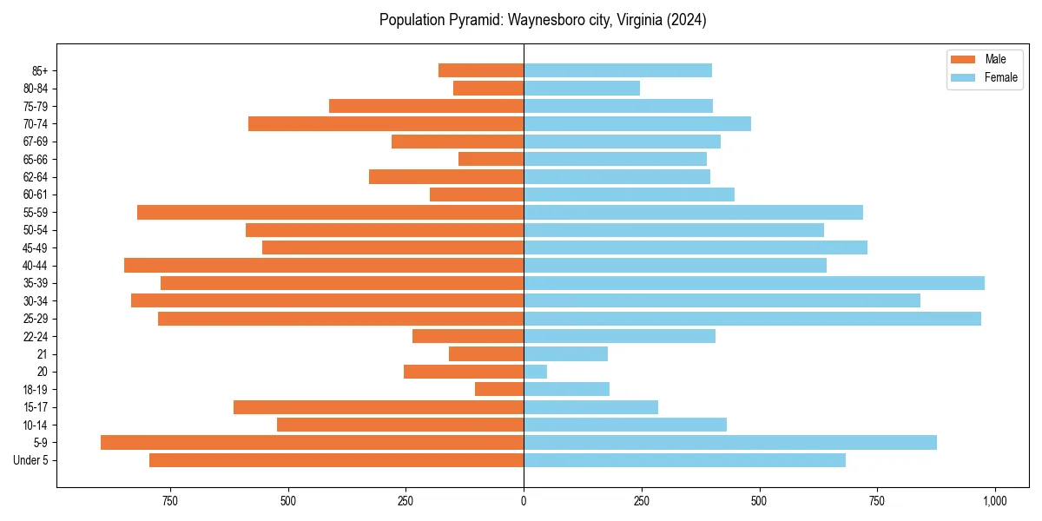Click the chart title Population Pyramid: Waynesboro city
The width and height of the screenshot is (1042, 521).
(x=543, y=20)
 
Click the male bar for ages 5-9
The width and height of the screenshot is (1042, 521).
(x=312, y=443)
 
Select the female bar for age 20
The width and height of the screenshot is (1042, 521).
(x=535, y=372)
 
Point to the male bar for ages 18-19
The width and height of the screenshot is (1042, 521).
(x=499, y=389)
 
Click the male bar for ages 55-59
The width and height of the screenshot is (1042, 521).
(x=330, y=212)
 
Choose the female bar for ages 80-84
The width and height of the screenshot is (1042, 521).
(x=582, y=88)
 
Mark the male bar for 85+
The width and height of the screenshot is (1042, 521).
(x=481, y=70)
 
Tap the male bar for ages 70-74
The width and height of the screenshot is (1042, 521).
(x=386, y=123)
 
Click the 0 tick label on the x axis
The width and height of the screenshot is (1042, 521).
(x=524, y=501)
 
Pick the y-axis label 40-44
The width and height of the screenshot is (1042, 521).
(x=35, y=266)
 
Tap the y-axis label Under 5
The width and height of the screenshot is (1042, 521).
(x=31, y=460)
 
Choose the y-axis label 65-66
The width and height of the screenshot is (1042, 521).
(x=35, y=159)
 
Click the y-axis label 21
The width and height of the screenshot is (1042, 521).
(x=43, y=354)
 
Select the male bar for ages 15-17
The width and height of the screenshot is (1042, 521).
(x=379, y=407)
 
